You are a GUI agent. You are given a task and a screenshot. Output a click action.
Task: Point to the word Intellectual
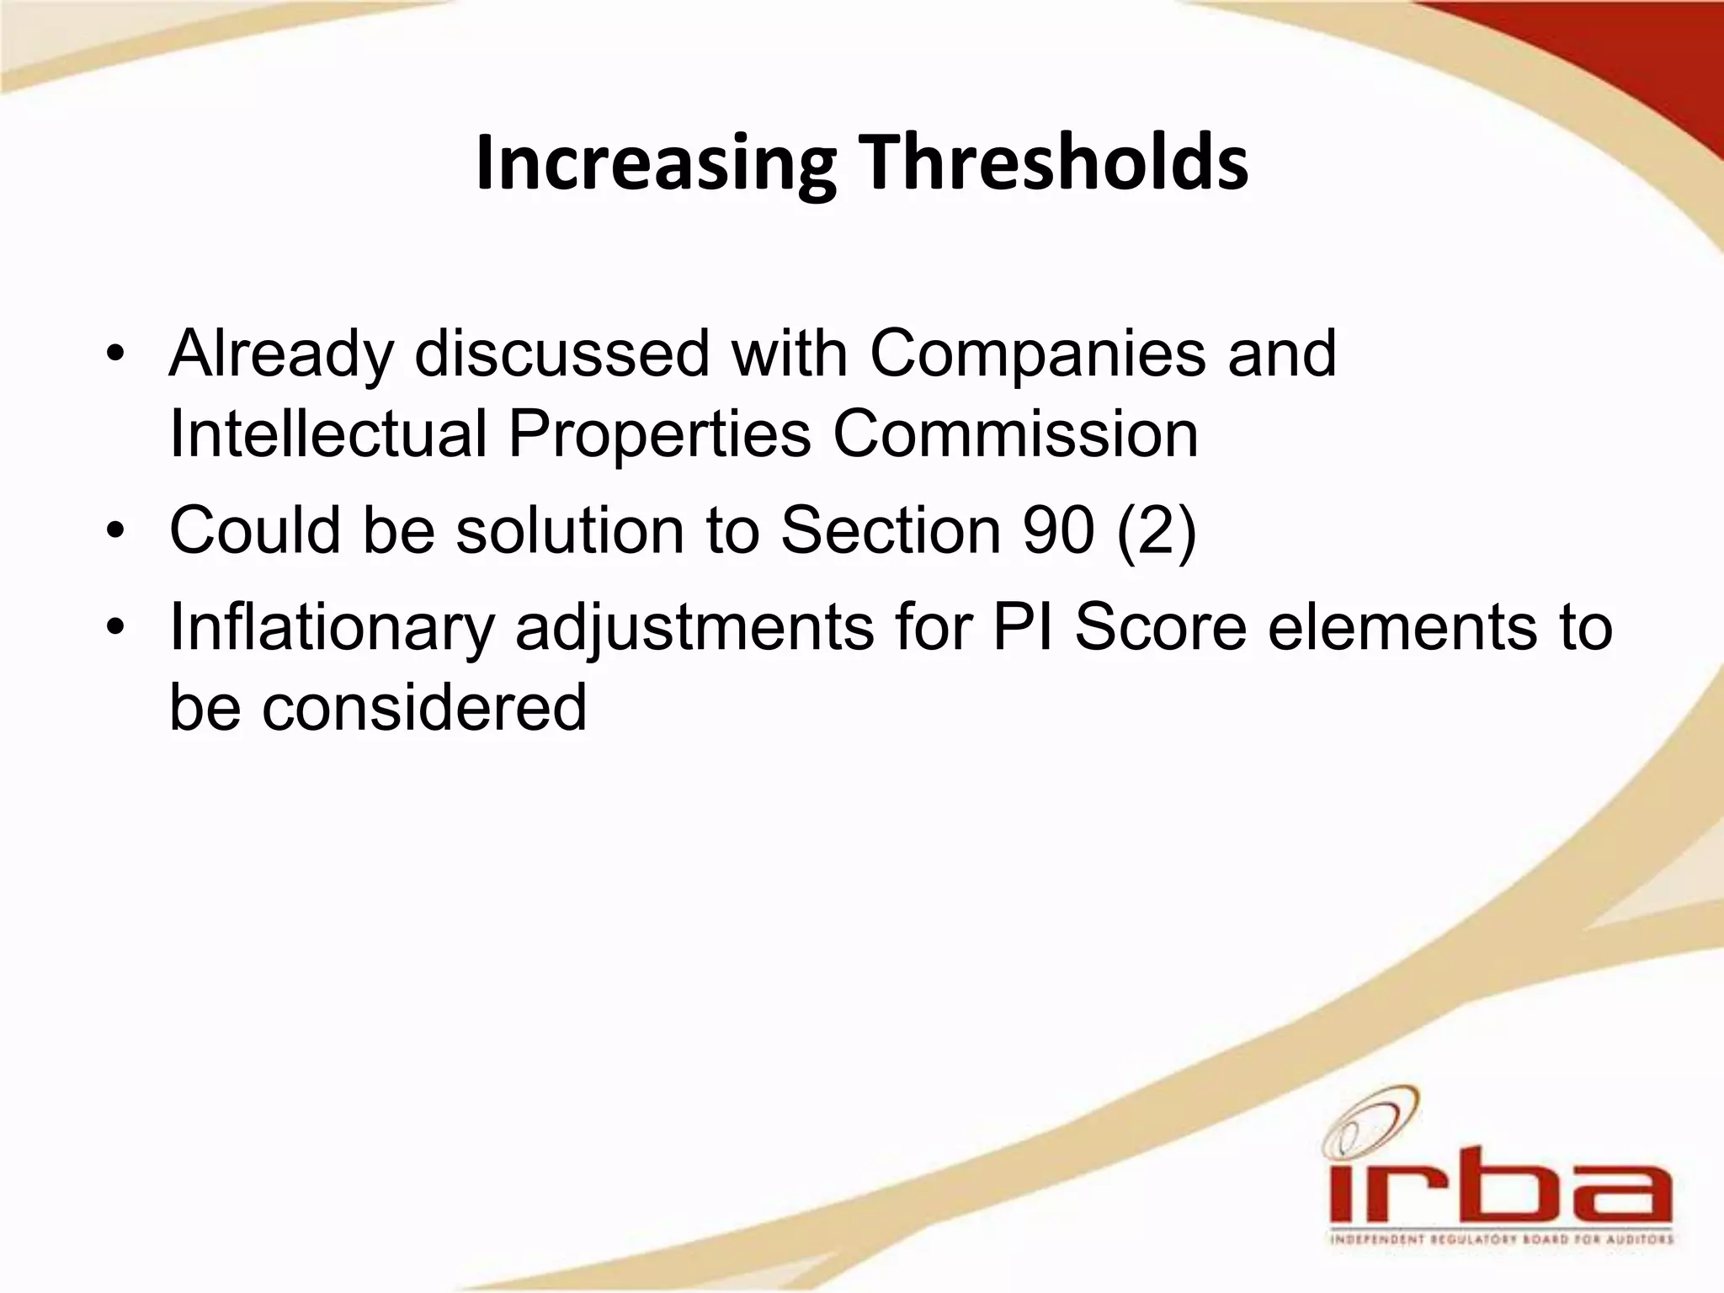[x=327, y=434]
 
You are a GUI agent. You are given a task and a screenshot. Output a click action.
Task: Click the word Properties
[x=659, y=434]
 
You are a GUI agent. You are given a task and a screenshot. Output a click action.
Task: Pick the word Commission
[x=1015, y=434]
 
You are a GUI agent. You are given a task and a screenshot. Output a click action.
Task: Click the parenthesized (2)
[x=1157, y=532]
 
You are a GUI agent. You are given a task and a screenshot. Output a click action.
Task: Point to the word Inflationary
[x=332, y=628]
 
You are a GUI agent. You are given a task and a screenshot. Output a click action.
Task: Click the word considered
[x=423, y=707]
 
